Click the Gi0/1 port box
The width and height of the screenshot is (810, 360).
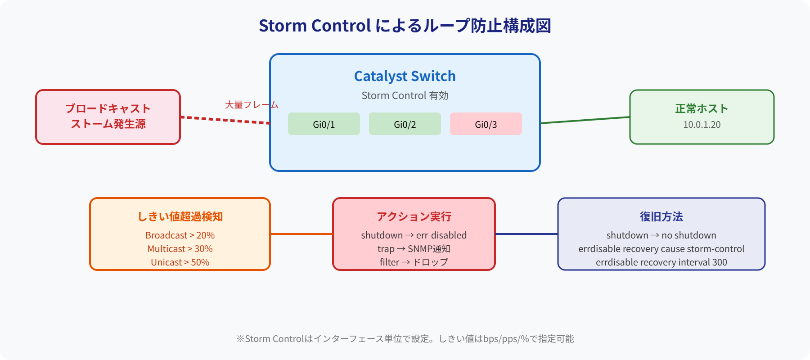(x=324, y=124)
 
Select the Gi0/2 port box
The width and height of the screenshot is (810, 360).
(x=405, y=124)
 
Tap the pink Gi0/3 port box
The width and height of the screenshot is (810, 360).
(x=486, y=124)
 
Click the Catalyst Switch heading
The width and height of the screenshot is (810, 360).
(x=405, y=76)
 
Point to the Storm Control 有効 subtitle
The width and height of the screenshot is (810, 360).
(x=405, y=95)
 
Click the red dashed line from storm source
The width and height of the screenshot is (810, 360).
(x=225, y=120)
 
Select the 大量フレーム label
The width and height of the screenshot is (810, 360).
(x=252, y=105)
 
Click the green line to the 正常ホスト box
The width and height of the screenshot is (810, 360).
(x=585, y=120)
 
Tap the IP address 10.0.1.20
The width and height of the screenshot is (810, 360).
(x=702, y=125)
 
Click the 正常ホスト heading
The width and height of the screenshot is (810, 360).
(x=702, y=108)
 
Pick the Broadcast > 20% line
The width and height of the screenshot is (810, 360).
(x=180, y=235)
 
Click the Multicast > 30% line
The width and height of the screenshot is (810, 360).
(x=180, y=249)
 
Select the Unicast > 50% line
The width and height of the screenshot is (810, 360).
(x=180, y=262)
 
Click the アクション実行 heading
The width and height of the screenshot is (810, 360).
(x=414, y=216)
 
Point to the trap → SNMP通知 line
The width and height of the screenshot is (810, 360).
(x=414, y=249)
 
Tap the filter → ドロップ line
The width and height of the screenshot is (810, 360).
(x=414, y=262)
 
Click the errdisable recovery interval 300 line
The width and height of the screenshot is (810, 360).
(x=661, y=262)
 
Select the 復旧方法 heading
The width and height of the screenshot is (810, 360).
(x=661, y=216)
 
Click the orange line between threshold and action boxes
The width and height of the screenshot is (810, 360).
(x=301, y=234)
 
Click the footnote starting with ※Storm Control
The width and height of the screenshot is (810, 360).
(x=405, y=339)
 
